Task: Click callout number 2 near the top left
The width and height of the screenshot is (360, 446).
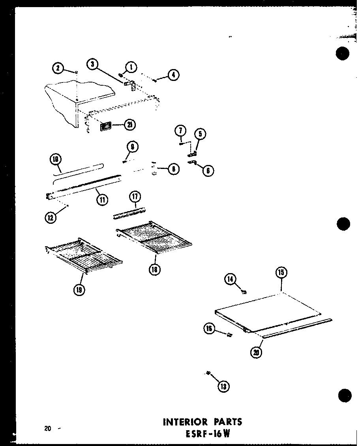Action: coord(58,68)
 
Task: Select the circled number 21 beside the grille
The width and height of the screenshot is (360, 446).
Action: coord(129,125)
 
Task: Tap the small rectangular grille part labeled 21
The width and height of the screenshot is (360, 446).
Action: coord(105,126)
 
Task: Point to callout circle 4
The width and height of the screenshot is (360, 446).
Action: coord(173,75)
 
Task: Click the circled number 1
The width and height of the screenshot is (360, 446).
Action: coord(131,67)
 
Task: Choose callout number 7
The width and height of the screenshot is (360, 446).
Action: coord(180,130)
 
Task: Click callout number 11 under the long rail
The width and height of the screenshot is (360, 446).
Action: coord(102,200)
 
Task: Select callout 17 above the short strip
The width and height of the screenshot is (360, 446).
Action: coord(135,196)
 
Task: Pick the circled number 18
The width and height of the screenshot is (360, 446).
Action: coord(155,270)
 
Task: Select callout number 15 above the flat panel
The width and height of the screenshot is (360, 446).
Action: coord(281,273)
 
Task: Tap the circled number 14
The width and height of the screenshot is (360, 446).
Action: coord(230,279)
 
